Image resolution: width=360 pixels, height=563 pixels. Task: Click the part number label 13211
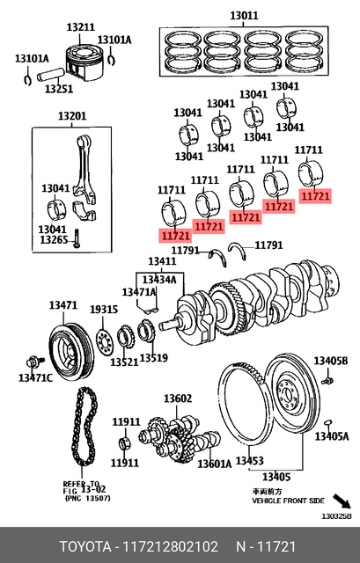pos(82,28)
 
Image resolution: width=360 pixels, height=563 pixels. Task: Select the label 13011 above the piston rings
pos(244,16)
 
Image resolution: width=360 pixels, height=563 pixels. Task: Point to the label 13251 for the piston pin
pos(59,89)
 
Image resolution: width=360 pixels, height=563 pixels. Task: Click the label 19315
pos(104,310)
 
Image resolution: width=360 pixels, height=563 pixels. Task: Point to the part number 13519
pos(153,358)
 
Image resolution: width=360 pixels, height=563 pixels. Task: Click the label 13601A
pos(214,464)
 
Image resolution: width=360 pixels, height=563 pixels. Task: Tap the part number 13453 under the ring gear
pos(249,461)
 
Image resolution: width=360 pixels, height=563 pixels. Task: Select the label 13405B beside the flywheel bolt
pos(332,361)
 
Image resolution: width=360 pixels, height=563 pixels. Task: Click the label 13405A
pos(332,436)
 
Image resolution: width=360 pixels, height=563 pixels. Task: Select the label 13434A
pos(160,279)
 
